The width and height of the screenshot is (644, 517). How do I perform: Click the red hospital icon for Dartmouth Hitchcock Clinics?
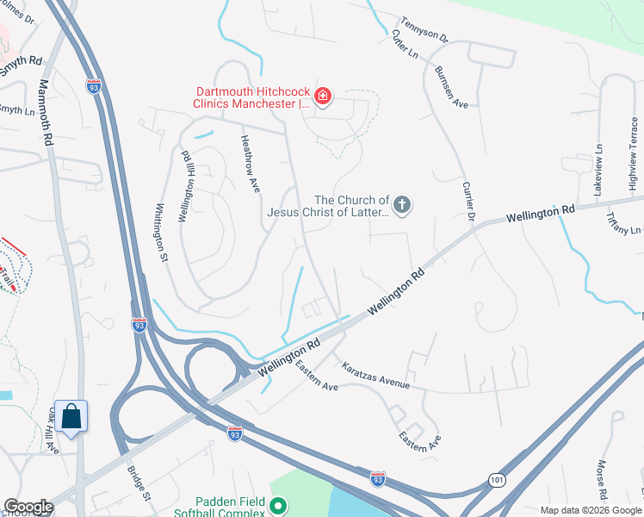click(x=323, y=96)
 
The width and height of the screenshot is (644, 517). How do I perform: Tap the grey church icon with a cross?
click(x=401, y=205)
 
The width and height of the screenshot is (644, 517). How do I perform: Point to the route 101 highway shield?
click(x=496, y=479)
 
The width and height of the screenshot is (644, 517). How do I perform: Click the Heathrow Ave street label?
click(x=250, y=162)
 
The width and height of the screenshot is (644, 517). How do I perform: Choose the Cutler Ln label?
click(x=404, y=45)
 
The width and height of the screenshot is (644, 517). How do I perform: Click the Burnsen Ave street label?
click(x=451, y=86)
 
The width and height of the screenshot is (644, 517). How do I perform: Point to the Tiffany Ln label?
click(x=625, y=224)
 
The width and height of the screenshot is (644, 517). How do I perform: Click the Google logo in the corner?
click(x=28, y=506)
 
